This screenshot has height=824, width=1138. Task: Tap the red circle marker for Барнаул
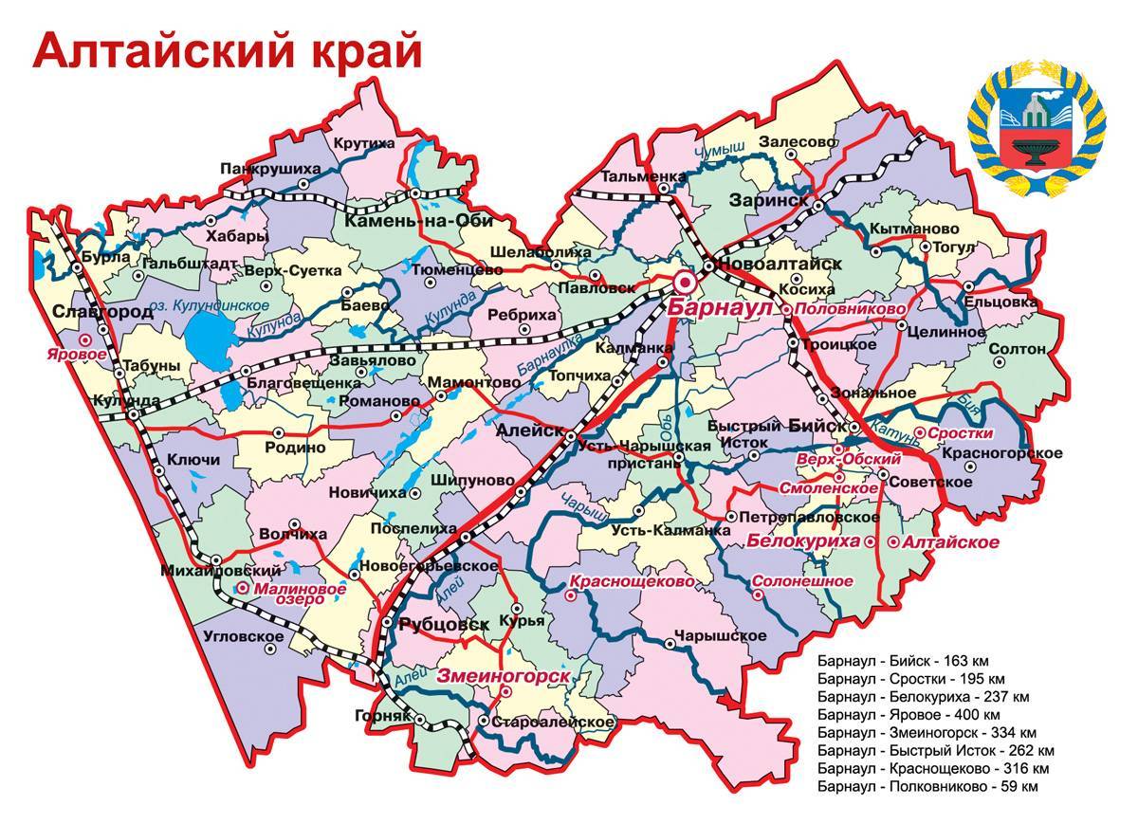coord(683,283)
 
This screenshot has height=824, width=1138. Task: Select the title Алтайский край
coord(228,52)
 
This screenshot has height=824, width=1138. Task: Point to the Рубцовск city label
coord(444,624)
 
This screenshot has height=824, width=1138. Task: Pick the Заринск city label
coord(769,200)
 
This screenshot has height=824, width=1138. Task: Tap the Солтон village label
coord(1018,349)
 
